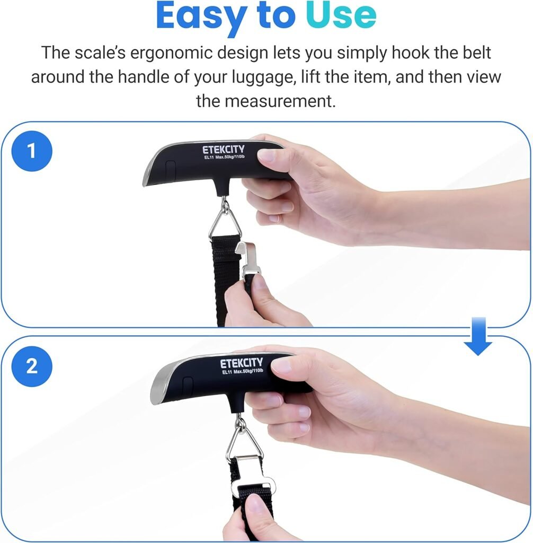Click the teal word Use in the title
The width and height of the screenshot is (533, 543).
point(342,16)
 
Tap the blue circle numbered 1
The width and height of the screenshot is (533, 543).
point(31,151)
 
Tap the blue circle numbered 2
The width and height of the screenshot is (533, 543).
point(31,366)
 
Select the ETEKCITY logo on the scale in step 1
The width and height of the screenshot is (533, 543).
point(223,150)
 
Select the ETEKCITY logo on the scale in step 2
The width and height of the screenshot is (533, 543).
point(241,364)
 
